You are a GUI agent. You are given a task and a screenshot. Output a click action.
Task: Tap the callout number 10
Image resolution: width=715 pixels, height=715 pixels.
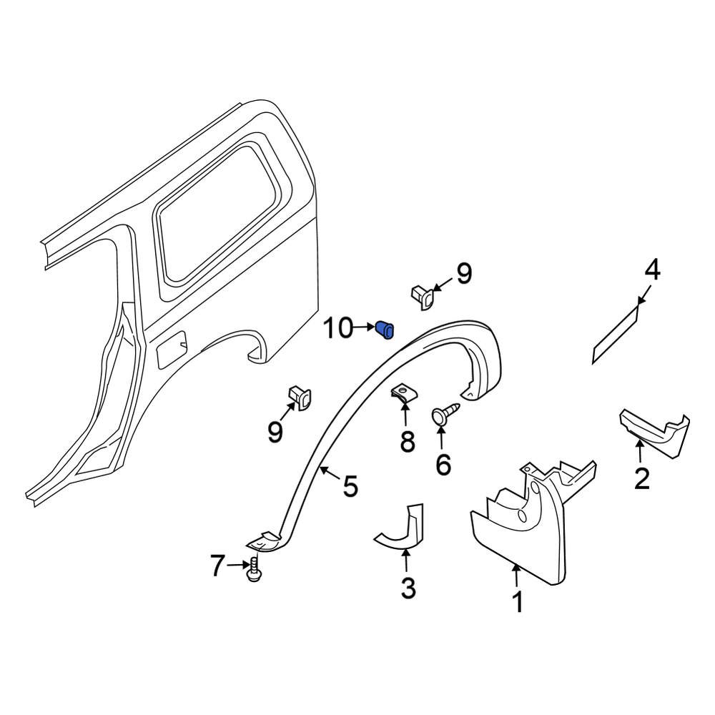pyautogui.click(x=338, y=330)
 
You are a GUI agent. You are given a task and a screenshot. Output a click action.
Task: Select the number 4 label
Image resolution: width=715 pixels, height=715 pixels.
pyautogui.click(x=651, y=271)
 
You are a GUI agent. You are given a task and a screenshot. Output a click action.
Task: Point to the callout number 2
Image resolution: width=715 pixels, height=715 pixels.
pyautogui.click(x=642, y=478)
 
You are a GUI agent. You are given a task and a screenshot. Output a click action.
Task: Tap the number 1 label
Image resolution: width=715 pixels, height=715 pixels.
pyautogui.click(x=516, y=602)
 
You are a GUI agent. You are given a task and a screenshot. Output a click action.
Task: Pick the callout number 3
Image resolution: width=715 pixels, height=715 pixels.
pyautogui.click(x=408, y=588)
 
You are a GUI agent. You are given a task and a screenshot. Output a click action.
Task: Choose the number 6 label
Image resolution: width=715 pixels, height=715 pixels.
pyautogui.click(x=443, y=465)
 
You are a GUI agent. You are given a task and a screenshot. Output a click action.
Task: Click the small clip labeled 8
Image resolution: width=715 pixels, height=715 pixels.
pyautogui.click(x=404, y=393)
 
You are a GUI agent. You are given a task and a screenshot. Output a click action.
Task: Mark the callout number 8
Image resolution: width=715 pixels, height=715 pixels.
pyautogui.click(x=408, y=443)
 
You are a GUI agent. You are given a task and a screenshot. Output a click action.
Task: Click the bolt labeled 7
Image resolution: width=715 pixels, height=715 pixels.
pyautogui.click(x=253, y=571)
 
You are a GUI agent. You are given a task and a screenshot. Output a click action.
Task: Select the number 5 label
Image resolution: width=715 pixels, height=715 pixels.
pyautogui.click(x=350, y=486)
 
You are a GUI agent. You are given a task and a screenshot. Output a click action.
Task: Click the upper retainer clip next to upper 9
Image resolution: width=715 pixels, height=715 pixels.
pyautogui.click(x=422, y=295)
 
